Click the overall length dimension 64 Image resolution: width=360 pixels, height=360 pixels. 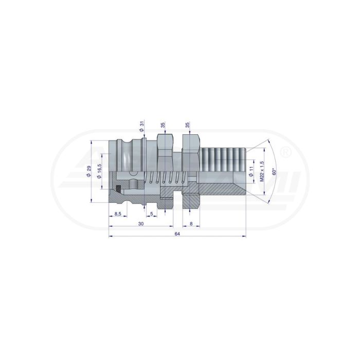pyautogui.click(x=177, y=233)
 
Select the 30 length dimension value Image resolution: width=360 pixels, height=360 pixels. pyautogui.click(x=141, y=224)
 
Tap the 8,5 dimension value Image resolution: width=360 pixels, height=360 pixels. pyautogui.click(x=118, y=214)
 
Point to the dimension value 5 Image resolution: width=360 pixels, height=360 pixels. pyautogui.click(x=152, y=214)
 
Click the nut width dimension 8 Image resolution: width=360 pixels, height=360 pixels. pyautogui.click(x=191, y=224)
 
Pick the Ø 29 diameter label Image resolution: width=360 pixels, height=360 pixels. pyautogui.click(x=89, y=171)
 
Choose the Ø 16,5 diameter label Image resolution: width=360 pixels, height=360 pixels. pyautogui.click(x=99, y=171)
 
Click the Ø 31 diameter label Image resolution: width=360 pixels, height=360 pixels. pyautogui.click(x=141, y=127)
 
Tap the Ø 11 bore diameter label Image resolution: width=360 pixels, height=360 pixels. pyautogui.click(x=251, y=171)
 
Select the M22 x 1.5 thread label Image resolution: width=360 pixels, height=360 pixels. pyautogui.click(x=262, y=171)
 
